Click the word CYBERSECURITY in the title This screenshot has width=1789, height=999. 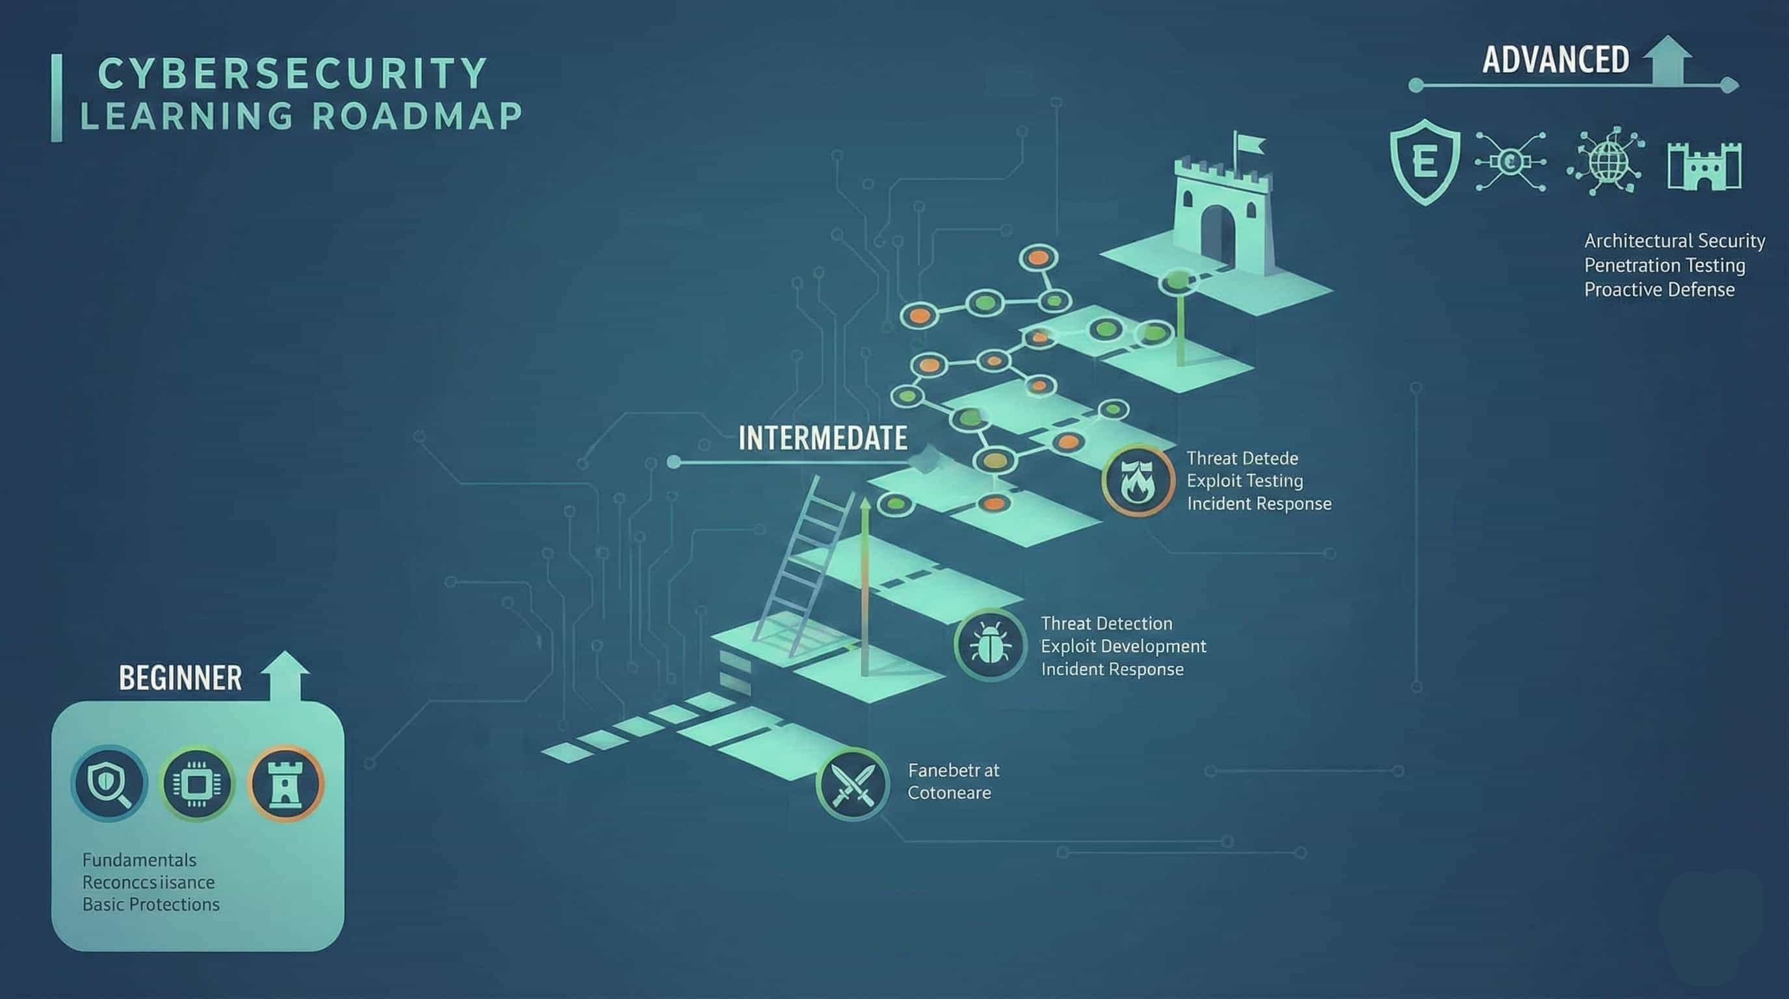(292, 73)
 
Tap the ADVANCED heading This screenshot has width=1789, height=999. (1555, 60)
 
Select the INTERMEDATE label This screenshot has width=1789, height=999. (822, 438)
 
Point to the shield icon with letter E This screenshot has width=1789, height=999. (1424, 161)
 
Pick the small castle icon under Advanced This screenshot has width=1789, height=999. (1704, 165)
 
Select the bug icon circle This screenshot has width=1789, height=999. (989, 645)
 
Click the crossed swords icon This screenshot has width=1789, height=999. (852, 784)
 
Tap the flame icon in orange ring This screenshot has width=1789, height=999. (1137, 480)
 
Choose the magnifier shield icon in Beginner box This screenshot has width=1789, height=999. (109, 784)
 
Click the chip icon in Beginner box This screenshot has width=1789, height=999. (196, 784)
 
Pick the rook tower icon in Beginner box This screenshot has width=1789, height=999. (285, 784)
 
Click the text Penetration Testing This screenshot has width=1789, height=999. (1664, 265)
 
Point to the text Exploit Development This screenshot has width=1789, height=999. (1123, 646)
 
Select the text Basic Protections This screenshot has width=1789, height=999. (151, 905)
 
